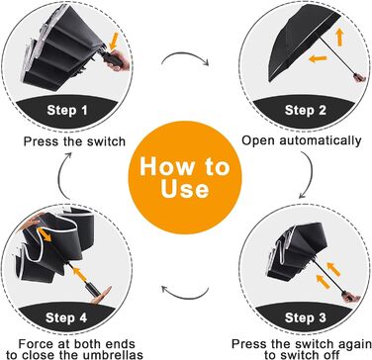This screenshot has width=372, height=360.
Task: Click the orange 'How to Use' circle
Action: [x=185, y=177]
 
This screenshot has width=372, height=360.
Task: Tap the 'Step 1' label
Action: [x=67, y=110]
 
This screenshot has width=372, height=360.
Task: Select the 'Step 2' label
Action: [x=305, y=110]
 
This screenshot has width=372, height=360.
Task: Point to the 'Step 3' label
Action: [x=305, y=318]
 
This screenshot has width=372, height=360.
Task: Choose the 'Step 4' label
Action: [x=66, y=318]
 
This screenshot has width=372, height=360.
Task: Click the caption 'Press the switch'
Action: [x=74, y=141]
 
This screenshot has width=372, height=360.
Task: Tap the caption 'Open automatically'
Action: [x=302, y=140]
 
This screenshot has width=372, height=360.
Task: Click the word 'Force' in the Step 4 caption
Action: [x=36, y=344]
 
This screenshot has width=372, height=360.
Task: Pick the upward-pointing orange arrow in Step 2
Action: [x=339, y=37]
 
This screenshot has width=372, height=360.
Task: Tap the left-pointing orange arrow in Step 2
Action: [x=318, y=59]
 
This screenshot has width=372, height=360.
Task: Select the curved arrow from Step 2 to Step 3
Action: [x=310, y=176]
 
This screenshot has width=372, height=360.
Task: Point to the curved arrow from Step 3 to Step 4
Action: [x=185, y=295]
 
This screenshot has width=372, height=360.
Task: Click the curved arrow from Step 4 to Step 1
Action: [x=60, y=175]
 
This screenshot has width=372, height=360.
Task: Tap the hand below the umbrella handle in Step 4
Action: [x=102, y=296]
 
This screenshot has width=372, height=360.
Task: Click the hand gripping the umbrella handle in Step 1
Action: [x=118, y=61]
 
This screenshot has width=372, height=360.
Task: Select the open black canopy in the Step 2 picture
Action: [x=302, y=42]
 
